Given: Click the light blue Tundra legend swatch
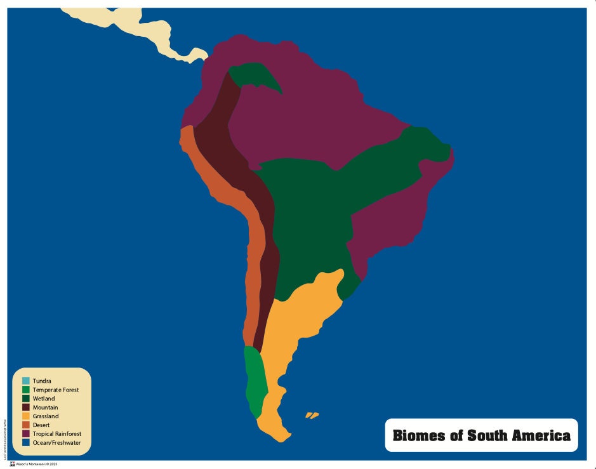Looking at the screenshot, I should click(x=26, y=381).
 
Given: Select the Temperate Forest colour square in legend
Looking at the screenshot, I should click(x=26, y=390).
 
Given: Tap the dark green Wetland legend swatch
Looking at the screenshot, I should click(x=26, y=399).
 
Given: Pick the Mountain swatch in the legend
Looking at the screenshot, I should click(x=26, y=407).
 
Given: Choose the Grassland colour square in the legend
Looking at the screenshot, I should click(x=26, y=416).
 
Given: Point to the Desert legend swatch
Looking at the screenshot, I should click(x=26, y=425).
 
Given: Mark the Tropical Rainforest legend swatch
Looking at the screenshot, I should click(x=26, y=434).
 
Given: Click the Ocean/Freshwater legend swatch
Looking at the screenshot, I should click(x=26, y=443).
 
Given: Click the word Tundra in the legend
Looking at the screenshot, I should click(x=42, y=381).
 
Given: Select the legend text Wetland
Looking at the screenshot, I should click(x=44, y=399).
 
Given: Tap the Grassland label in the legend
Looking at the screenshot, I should click(x=46, y=416).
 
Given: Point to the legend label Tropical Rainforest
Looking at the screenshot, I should click(x=57, y=434).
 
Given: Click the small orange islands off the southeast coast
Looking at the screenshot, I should click(x=311, y=415).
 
